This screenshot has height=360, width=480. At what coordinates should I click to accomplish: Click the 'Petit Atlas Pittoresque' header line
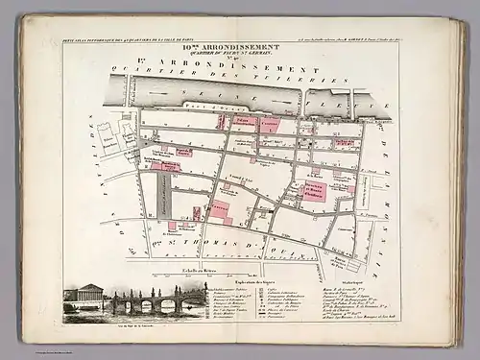(125, 39)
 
